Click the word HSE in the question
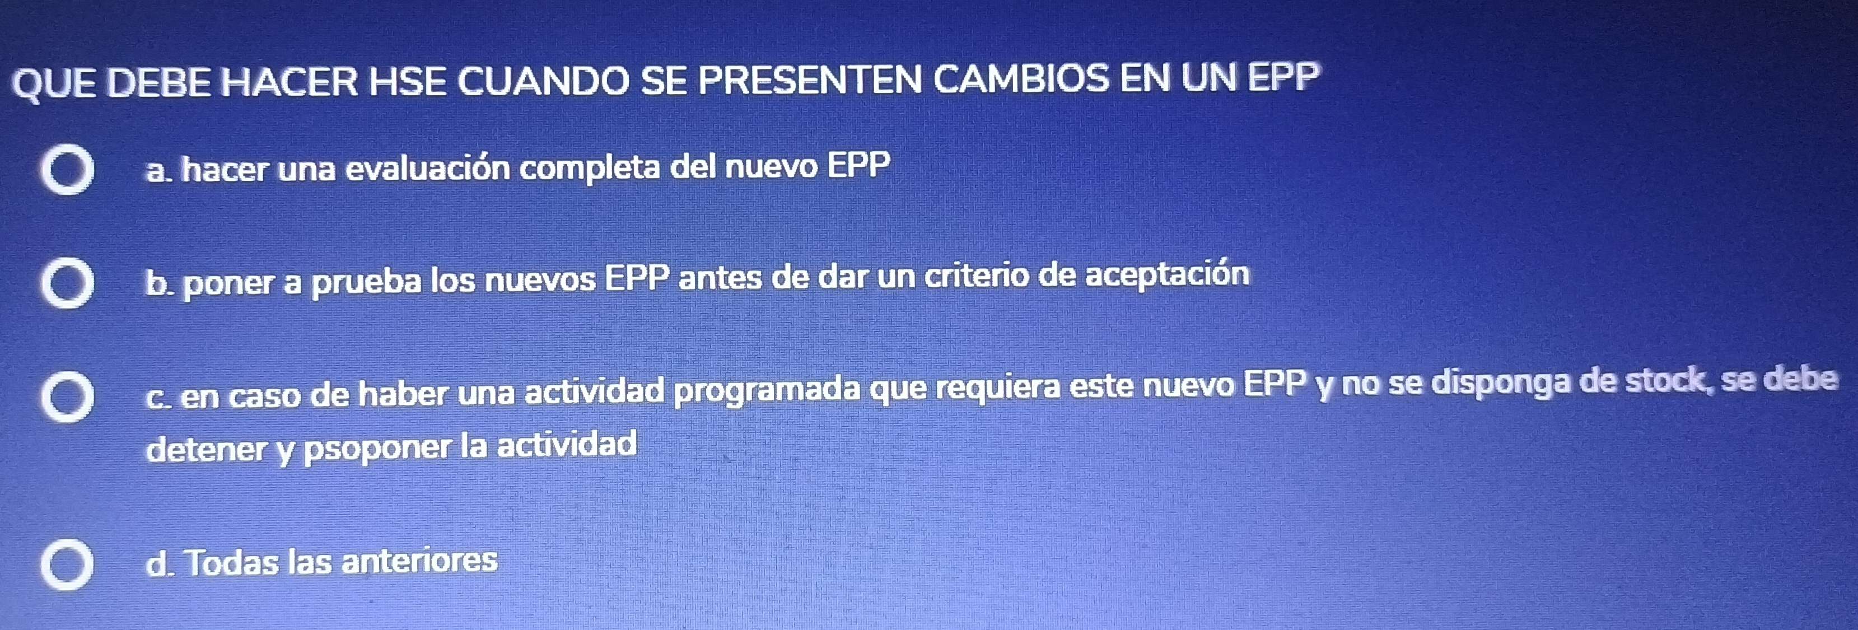[x=408, y=80]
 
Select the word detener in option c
[x=206, y=450]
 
